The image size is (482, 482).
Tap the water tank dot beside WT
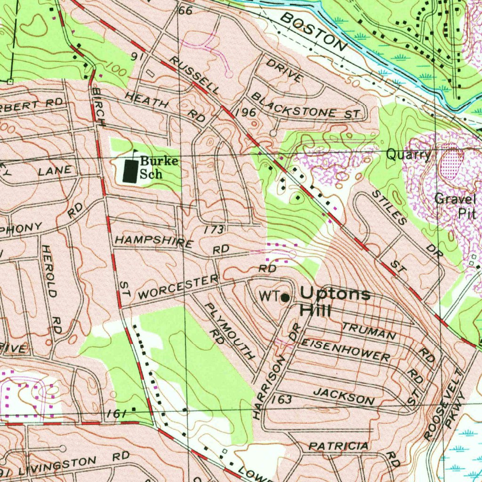[x=285, y=297]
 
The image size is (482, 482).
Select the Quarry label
[x=408, y=155]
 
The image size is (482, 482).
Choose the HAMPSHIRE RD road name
[x=172, y=244]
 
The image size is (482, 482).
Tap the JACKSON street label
[x=344, y=396]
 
